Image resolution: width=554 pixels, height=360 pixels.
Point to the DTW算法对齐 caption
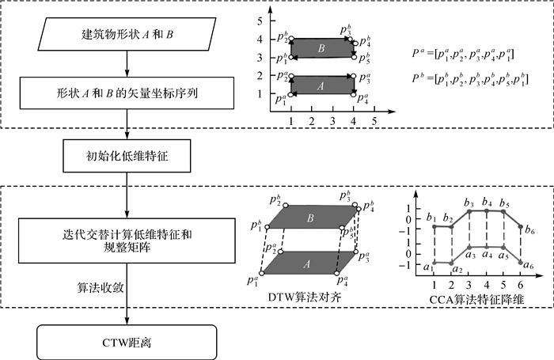click(304, 297)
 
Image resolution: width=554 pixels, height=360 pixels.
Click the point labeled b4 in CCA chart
click(487, 211)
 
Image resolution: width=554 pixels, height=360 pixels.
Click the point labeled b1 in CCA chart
click(434, 225)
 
